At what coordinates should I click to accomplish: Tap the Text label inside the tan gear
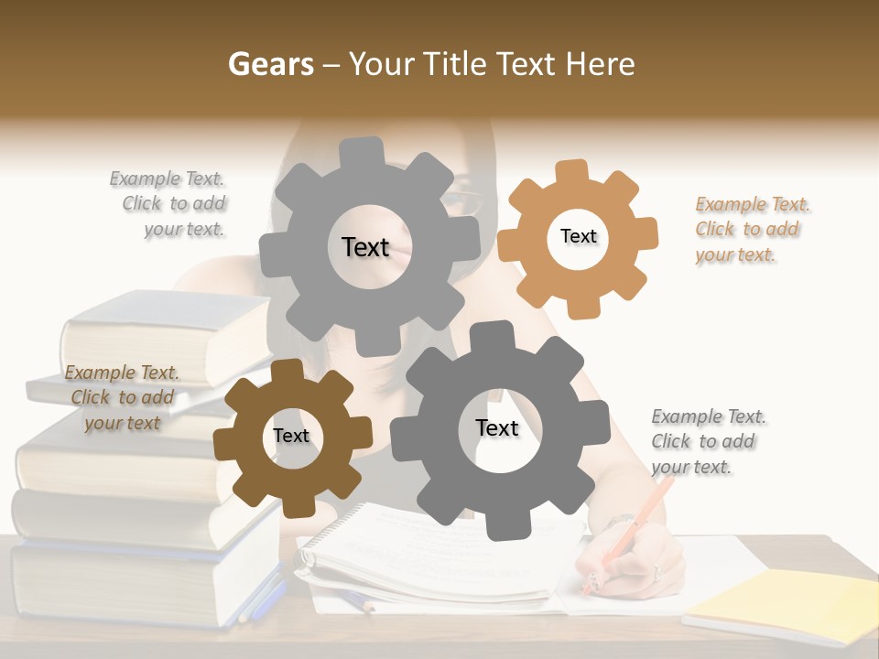578,236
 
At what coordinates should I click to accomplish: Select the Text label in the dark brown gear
290,436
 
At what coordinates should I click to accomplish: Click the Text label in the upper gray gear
365,247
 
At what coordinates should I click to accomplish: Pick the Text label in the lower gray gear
496,427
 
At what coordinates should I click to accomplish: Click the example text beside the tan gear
752,229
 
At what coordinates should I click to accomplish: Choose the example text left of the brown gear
122,397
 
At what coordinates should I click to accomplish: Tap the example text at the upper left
169,203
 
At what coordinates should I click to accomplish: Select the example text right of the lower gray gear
708,441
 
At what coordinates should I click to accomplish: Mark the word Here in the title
600,64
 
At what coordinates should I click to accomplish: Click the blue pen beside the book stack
266,595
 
